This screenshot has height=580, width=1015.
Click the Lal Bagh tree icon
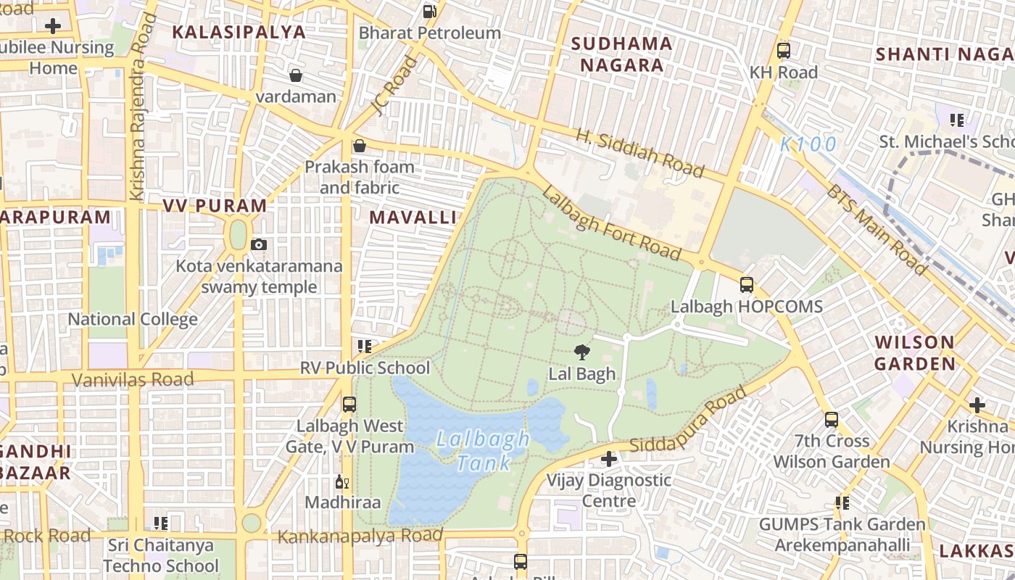(x=581, y=353)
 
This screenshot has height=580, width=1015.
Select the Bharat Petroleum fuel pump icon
(x=430, y=12)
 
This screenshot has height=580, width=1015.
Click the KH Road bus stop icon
(x=783, y=51)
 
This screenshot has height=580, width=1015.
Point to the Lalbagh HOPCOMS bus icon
(x=747, y=285)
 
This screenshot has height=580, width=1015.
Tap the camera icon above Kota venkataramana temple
(x=259, y=245)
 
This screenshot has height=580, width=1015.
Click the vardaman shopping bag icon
(x=296, y=75)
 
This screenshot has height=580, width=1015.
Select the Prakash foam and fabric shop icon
(x=359, y=146)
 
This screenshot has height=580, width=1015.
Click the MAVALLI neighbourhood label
(x=413, y=217)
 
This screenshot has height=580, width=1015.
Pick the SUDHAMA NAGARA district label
(x=621, y=54)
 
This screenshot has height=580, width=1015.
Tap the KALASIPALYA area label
(x=239, y=32)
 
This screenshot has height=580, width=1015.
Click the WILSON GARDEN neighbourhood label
(x=914, y=353)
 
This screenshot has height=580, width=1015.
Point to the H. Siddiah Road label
(x=640, y=153)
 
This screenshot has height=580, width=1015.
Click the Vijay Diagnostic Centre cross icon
(x=609, y=459)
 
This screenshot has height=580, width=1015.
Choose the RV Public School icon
(x=365, y=347)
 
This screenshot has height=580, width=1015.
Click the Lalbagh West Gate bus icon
(x=349, y=404)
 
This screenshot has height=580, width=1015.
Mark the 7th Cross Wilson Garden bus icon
(x=831, y=419)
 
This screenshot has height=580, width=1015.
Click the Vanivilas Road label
(x=133, y=379)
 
